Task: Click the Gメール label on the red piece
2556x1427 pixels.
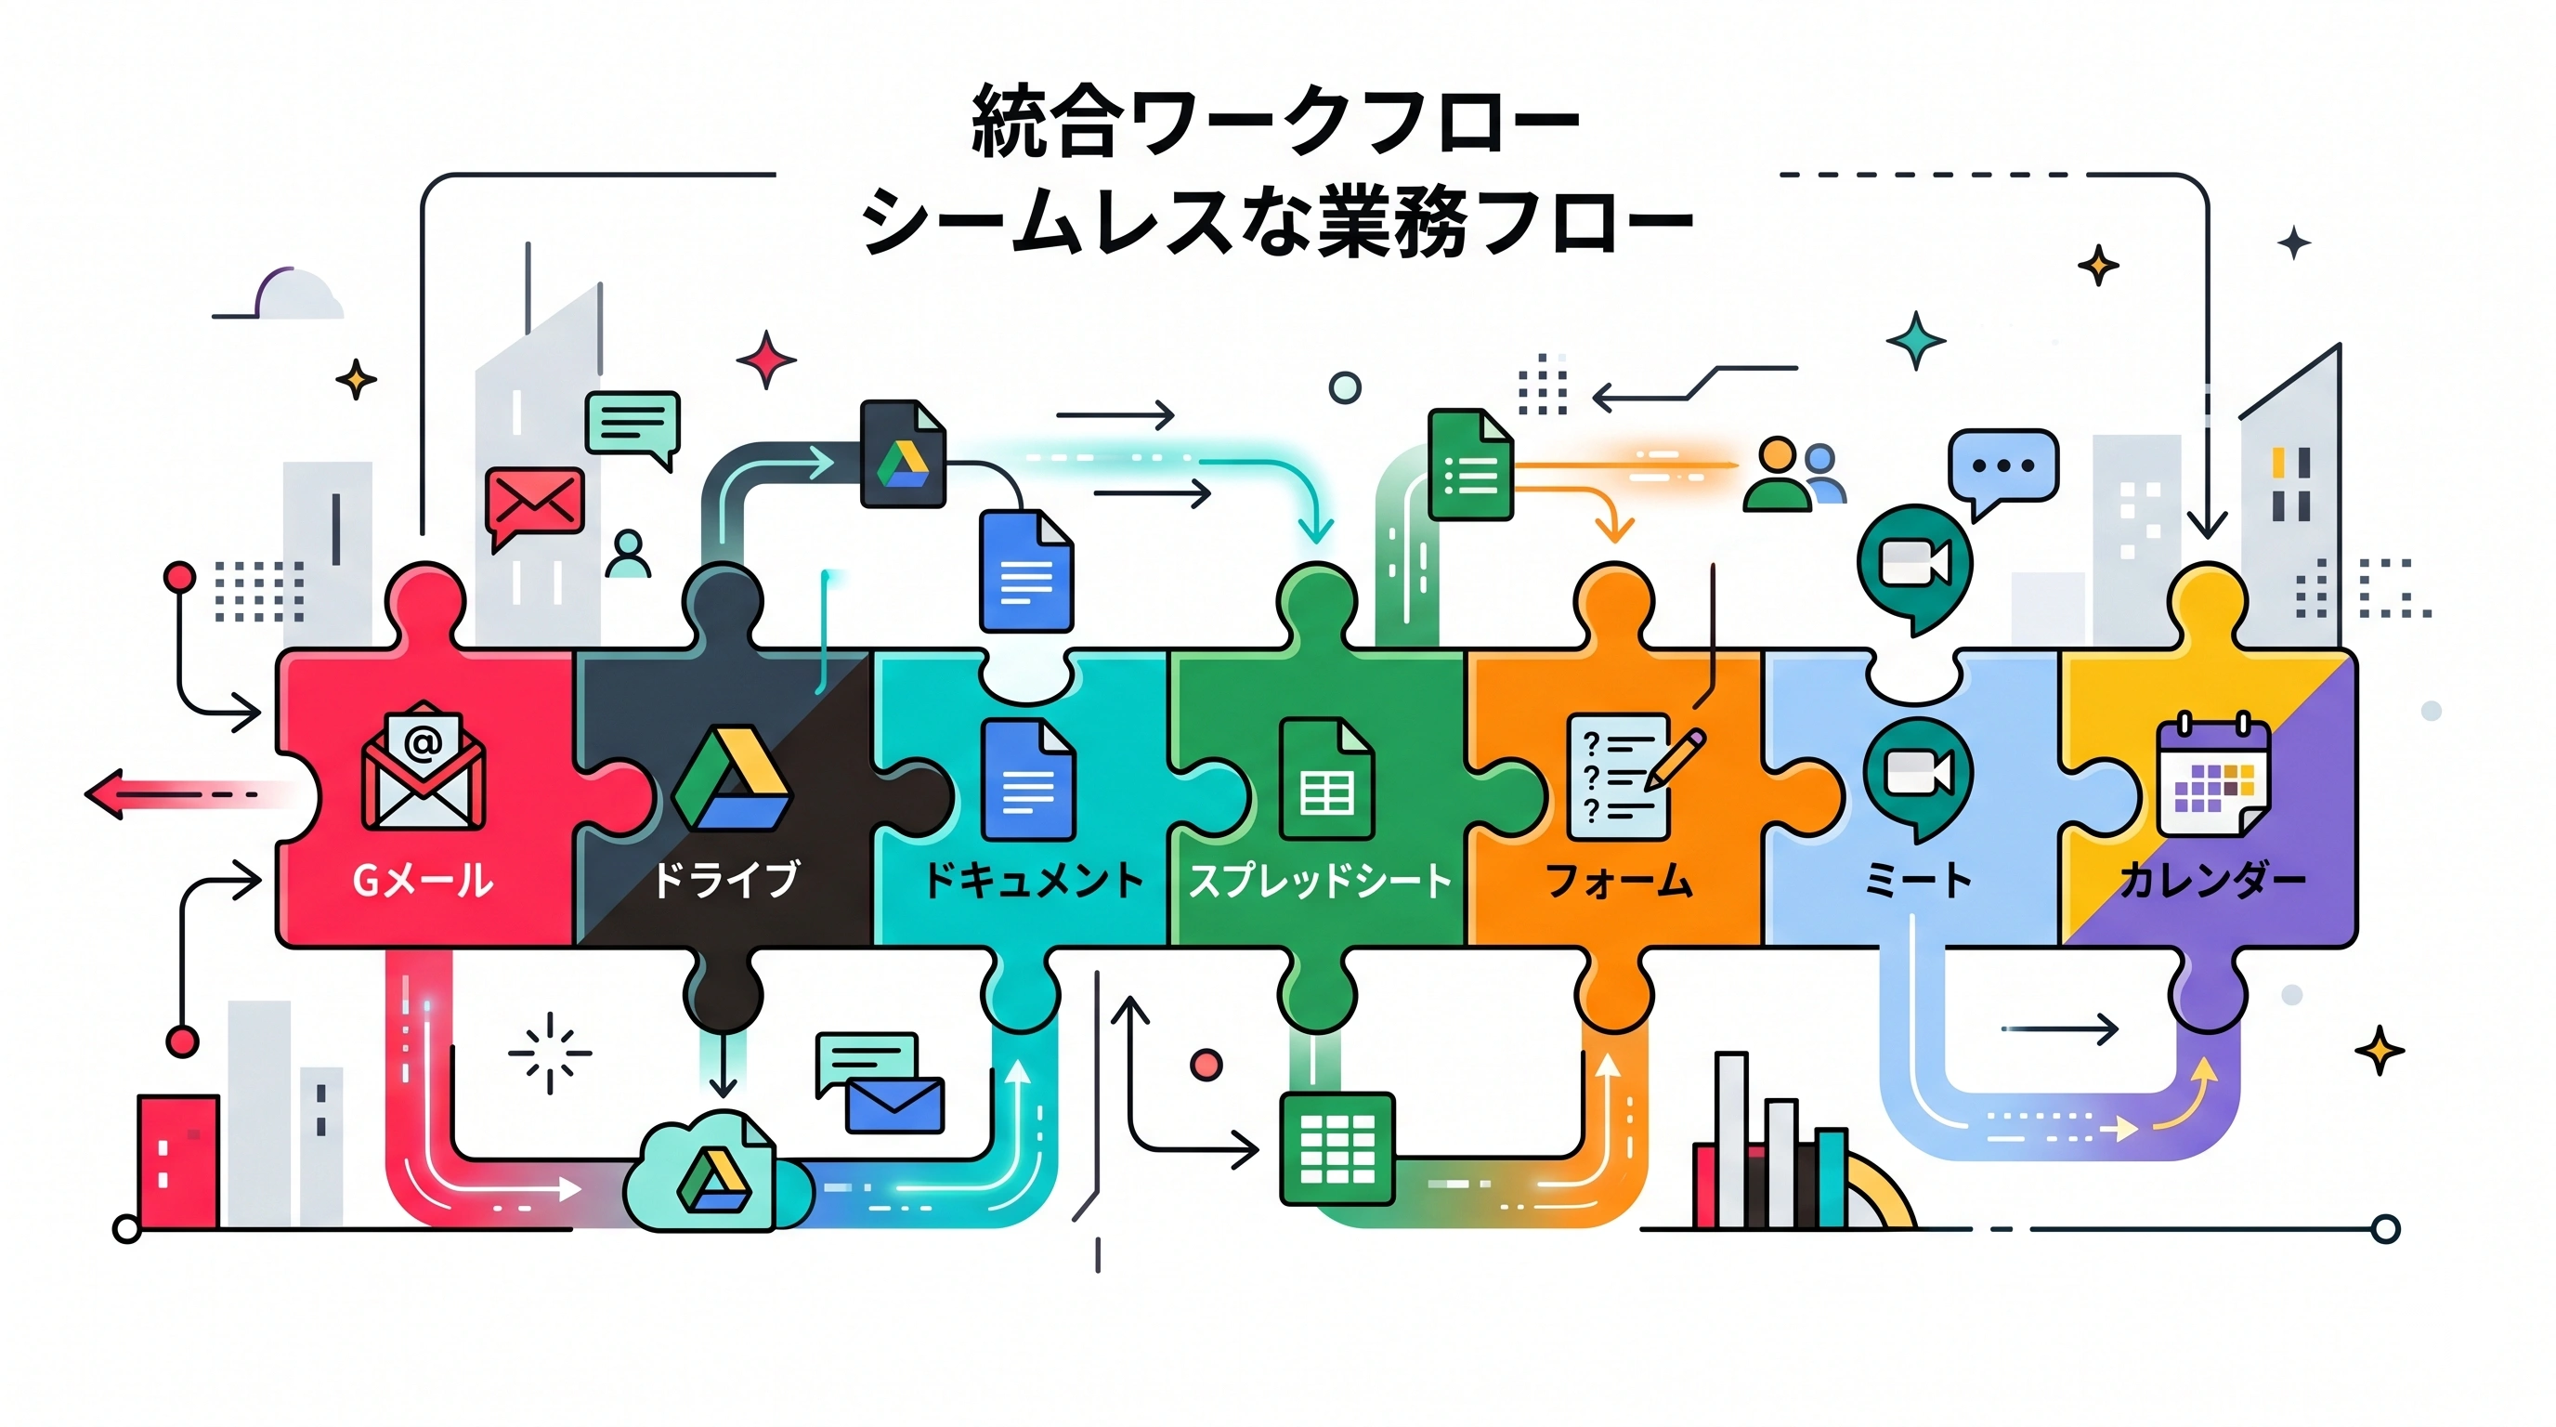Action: tap(423, 880)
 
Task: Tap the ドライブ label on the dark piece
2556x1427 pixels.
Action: tap(724, 879)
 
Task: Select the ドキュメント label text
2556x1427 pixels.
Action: tap(1033, 880)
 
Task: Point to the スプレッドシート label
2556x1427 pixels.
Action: tap(1320, 880)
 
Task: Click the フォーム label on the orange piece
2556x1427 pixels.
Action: tap(1618, 880)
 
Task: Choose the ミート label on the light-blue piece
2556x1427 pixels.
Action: tap(1917, 880)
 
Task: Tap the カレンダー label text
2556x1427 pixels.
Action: tap(2211, 880)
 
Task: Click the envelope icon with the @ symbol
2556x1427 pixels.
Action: tap(423, 766)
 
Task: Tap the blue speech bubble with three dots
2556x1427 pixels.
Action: tap(2002, 468)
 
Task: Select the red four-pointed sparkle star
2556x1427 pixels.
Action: tap(765, 359)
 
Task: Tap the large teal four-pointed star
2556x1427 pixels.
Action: tap(1915, 340)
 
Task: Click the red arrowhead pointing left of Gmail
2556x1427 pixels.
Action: tap(106, 794)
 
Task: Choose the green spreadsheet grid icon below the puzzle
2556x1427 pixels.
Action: tap(1337, 1148)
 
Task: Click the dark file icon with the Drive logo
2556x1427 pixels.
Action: tap(902, 453)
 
